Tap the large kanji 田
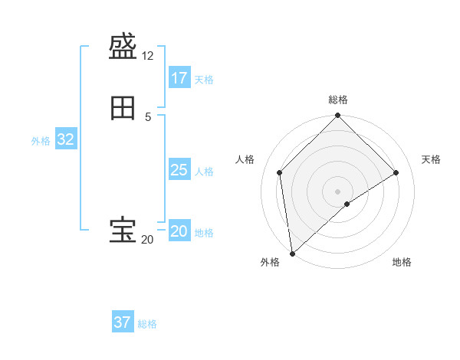[x=123, y=109]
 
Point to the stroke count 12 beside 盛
[x=148, y=56]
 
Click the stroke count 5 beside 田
[x=148, y=116]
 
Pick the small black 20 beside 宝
[x=147, y=240]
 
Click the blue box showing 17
[x=179, y=78]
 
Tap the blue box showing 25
[x=179, y=170]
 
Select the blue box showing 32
[x=65, y=139]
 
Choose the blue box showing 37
[x=122, y=322]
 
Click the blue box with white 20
[x=179, y=231]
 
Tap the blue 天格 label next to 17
[x=204, y=80]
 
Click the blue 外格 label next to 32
[x=41, y=141]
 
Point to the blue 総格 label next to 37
[x=147, y=324]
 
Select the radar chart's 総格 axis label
[x=338, y=100]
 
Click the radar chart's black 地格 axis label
[x=402, y=263]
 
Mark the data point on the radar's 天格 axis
[x=396, y=173]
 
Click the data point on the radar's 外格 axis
[x=291, y=253]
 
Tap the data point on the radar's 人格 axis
[x=280, y=172]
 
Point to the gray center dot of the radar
[x=337, y=191]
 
